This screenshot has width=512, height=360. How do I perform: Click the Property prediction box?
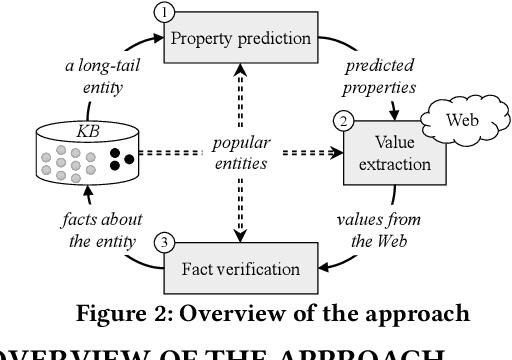tap(239, 39)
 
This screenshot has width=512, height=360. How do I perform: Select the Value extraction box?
tap(379, 155)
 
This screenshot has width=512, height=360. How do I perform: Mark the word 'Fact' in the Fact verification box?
tap(203, 268)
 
